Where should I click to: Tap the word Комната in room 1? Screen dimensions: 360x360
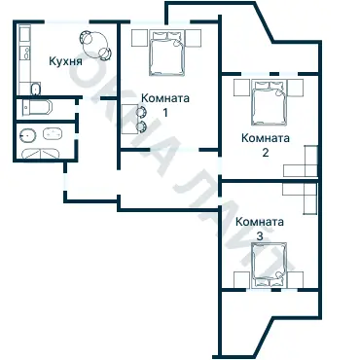[x=164, y=98]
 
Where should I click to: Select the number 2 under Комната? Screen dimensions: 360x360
[x=264, y=152]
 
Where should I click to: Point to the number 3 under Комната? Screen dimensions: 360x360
[x=260, y=235]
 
